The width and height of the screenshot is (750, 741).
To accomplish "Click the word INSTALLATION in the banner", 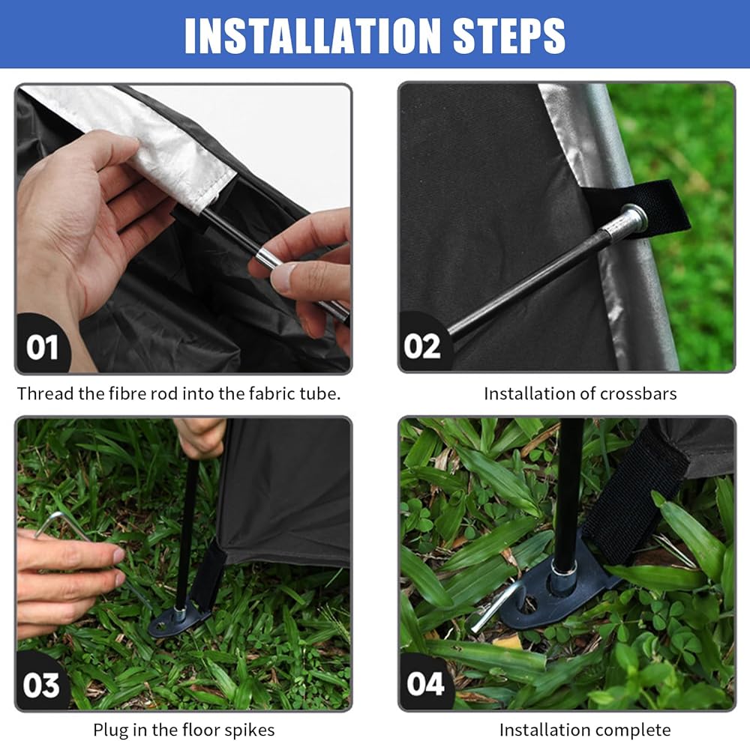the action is pos(311,36).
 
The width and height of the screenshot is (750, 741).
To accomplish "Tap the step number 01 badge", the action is pos(42,347).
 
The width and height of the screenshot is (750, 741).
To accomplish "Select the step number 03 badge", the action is pos(41,685).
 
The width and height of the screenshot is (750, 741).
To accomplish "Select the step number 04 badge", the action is pos(425,683).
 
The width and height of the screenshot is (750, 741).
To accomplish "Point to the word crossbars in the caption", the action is pos(638,393).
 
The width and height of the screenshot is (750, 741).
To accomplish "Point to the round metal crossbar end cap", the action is pos(634,217).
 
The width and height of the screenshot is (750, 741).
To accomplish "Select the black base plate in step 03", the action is pos(177,620).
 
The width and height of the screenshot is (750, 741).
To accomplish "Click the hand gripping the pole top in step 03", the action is pos(201,436).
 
